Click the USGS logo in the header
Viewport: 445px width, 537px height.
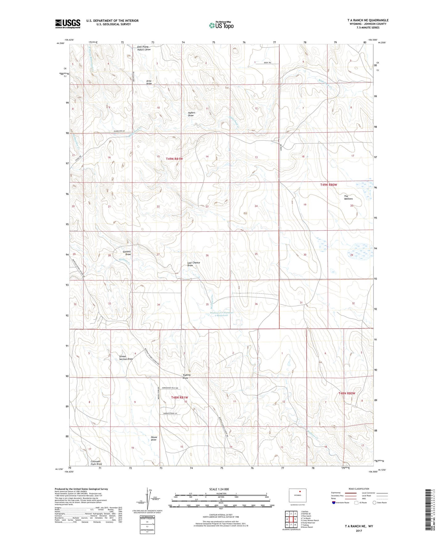[x=68, y=24]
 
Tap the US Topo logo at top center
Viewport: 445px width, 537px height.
[x=221, y=25]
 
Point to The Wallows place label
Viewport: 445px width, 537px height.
[x=348, y=197]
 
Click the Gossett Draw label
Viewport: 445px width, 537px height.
[x=127, y=253]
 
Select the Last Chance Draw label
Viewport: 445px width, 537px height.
[x=193, y=264]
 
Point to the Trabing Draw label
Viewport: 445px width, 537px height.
[x=186, y=376]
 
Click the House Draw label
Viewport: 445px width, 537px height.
[x=154, y=438]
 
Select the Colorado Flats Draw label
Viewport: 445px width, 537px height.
[x=96, y=463]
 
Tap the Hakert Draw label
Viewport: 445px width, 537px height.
[x=191, y=114]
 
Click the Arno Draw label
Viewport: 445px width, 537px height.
[x=149, y=82]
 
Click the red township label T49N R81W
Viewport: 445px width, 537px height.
[x=174, y=159]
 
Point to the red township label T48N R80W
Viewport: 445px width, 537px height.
[x=347, y=393]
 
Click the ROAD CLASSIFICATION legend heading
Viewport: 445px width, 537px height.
[x=358, y=489]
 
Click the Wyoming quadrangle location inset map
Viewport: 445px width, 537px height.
[x=297, y=495]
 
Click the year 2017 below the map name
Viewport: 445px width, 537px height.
[x=358, y=531]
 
